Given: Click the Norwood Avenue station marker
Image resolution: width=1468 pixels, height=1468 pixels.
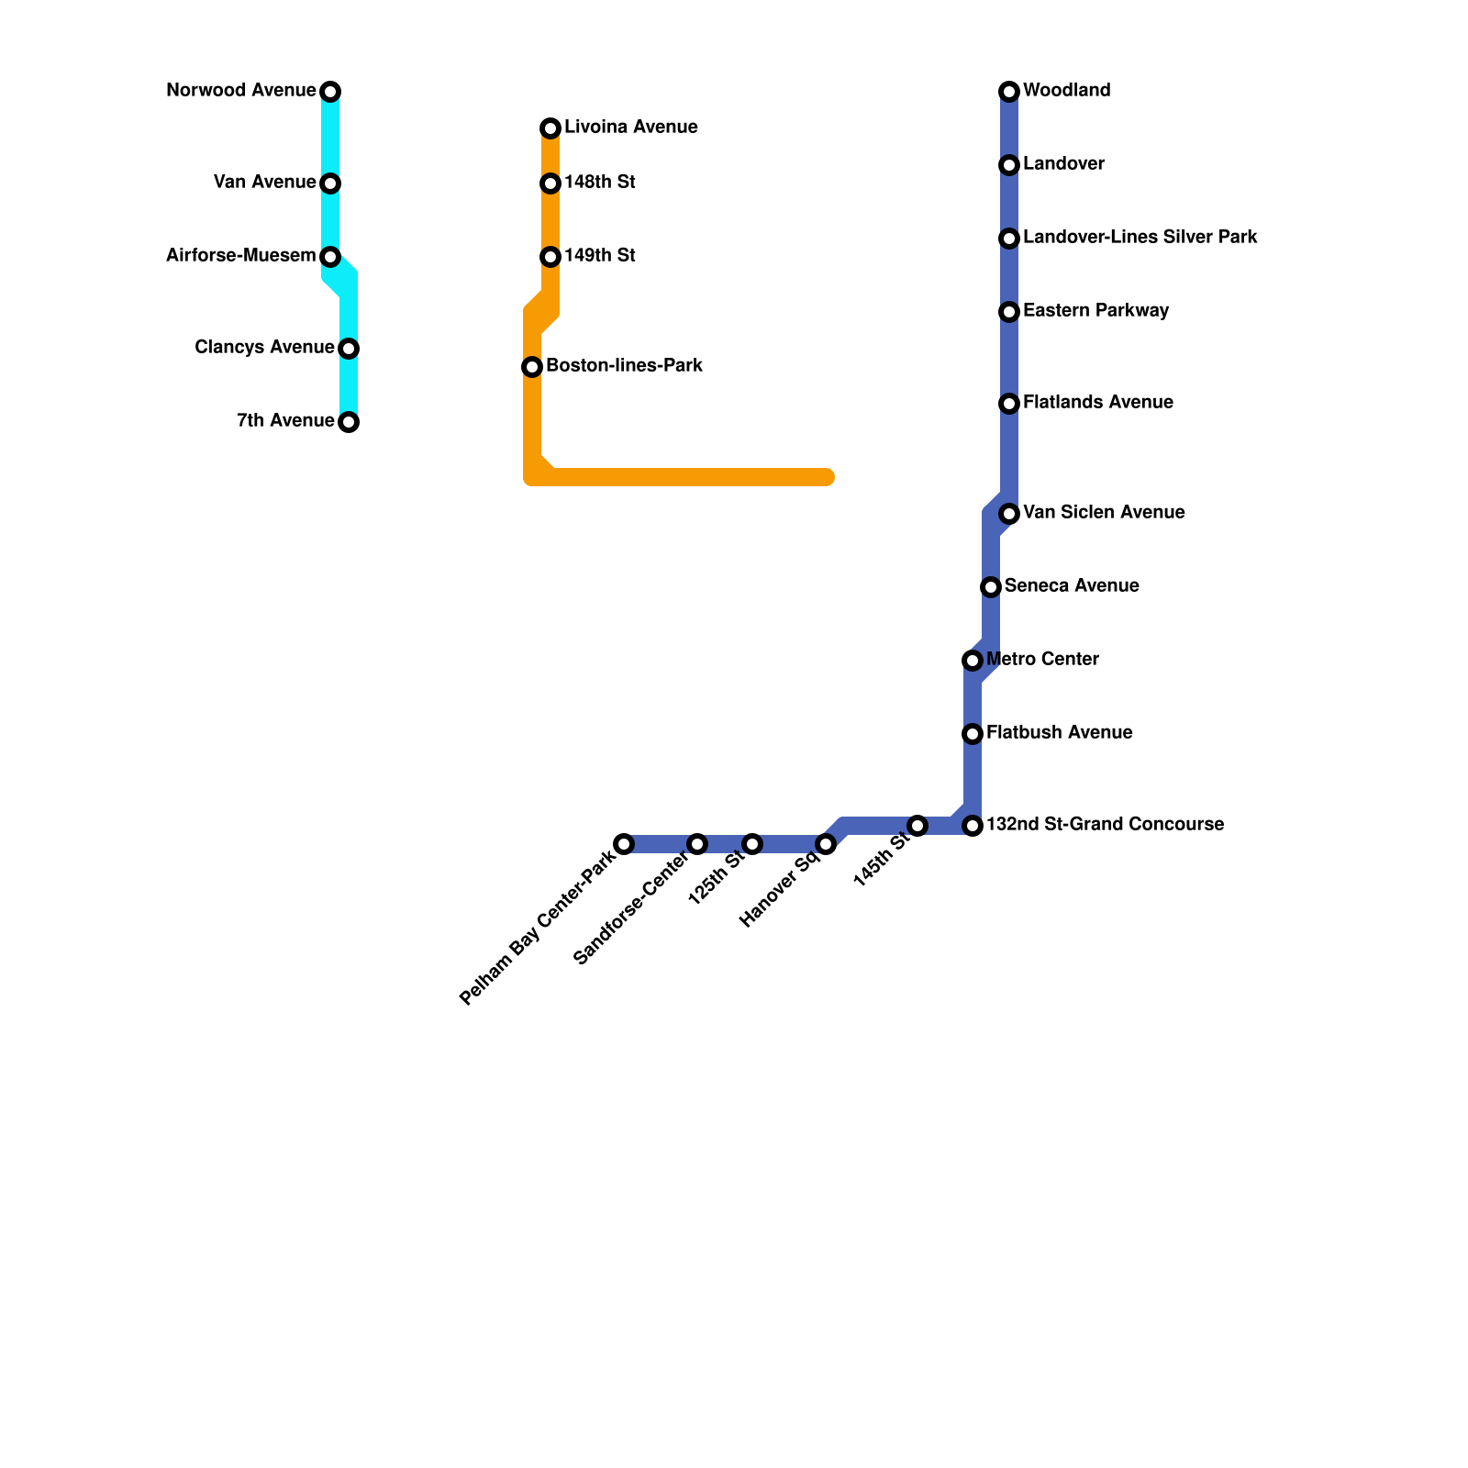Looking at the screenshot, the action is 330,92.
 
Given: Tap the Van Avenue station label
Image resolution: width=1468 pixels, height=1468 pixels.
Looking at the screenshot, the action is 264,183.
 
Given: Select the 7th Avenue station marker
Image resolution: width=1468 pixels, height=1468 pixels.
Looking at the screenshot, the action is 349,422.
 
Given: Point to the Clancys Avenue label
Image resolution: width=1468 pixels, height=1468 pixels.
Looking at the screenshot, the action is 264,348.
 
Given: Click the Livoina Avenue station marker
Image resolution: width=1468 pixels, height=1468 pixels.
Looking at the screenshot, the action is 550,128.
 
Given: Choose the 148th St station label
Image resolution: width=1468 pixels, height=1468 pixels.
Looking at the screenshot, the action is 599,183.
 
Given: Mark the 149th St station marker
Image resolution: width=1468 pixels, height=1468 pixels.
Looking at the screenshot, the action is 550,257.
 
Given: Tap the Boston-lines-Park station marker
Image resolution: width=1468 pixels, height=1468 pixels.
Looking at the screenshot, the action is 532,367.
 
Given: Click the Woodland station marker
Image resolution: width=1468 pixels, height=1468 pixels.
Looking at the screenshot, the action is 1009,92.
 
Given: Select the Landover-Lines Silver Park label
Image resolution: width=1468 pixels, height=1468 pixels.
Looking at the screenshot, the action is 1140,238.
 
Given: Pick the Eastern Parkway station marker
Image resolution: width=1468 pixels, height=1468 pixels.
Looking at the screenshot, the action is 1009,312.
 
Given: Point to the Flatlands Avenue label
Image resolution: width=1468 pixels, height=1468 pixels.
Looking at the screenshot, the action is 1097,403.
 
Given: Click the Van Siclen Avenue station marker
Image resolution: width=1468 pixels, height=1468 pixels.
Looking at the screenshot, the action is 1009,514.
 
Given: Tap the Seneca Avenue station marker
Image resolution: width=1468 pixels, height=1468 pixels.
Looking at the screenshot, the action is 991,587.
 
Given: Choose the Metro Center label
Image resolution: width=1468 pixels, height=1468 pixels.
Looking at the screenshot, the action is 1042,660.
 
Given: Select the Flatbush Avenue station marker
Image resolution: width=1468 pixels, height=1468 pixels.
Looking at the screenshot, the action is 973,734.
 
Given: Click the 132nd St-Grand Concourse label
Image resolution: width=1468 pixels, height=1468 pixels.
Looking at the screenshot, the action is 1105,825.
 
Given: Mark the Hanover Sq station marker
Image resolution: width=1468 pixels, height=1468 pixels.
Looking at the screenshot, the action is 826,844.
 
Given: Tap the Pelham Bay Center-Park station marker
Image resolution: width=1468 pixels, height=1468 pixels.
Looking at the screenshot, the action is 624,844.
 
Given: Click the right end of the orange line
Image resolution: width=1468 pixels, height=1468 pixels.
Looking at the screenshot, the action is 828,477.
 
